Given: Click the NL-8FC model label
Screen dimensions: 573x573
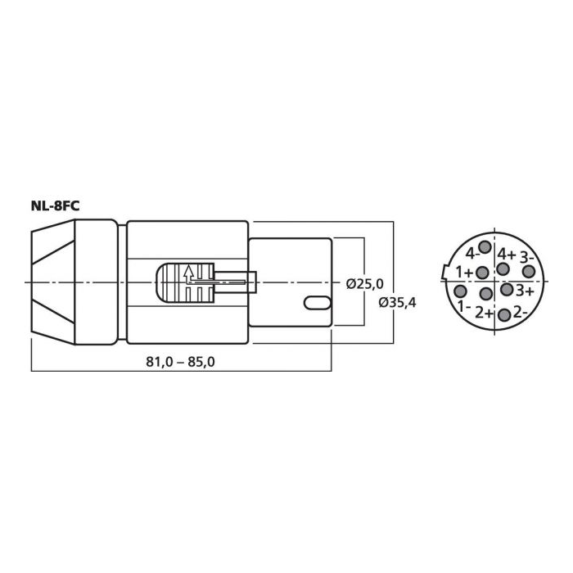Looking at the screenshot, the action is pos(55,206).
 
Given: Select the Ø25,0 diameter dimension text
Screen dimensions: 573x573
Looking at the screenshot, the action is pos(365,283).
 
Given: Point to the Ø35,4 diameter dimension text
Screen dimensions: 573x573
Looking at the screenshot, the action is pos(397,303).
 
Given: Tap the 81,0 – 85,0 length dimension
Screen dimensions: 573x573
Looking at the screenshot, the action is pos(181,362).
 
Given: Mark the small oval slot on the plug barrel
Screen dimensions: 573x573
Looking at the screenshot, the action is pos(318,303).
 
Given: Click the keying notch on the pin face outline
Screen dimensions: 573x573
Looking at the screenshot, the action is pos(444,271).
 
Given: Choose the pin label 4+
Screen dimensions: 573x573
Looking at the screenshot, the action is pos(507,254).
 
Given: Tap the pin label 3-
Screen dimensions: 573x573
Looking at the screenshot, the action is pos(526,256).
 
